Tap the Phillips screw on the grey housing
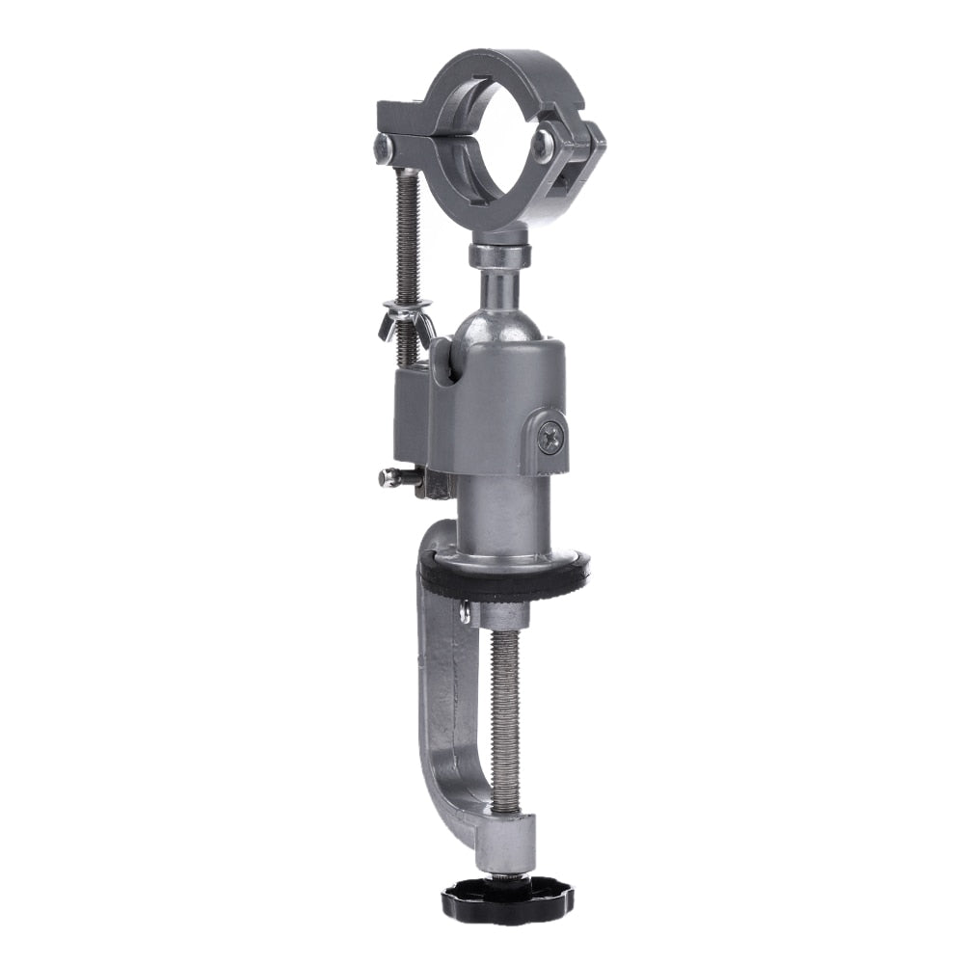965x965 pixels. [x=550, y=438]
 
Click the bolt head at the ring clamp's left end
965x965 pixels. [x=383, y=147]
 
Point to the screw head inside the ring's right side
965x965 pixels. [x=544, y=145]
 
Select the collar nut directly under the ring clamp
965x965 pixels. [x=499, y=255]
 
